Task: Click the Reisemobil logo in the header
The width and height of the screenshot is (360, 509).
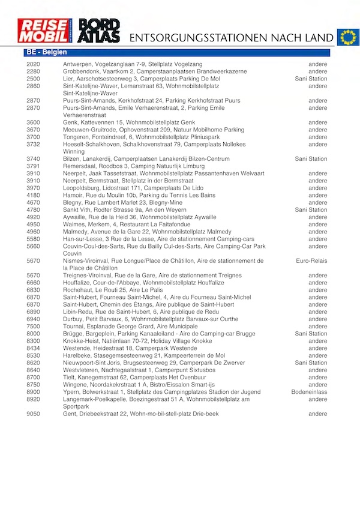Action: click(45, 31)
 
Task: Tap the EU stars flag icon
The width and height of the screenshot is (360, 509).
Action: click(347, 37)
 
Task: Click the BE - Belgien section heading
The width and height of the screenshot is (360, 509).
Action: click(46, 53)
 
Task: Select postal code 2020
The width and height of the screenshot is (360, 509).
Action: click(34, 64)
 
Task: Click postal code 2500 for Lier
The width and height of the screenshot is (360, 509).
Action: click(34, 79)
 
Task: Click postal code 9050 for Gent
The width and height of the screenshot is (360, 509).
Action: click(34, 414)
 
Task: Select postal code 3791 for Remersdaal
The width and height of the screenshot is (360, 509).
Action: click(34, 166)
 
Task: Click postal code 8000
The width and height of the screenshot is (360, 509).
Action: click(34, 334)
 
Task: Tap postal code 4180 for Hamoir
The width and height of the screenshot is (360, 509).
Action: click(34, 195)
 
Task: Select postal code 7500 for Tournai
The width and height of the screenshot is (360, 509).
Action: click(34, 327)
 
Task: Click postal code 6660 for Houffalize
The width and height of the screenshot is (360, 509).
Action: click(34, 283)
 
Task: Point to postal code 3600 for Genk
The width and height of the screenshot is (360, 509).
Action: click(34, 122)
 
